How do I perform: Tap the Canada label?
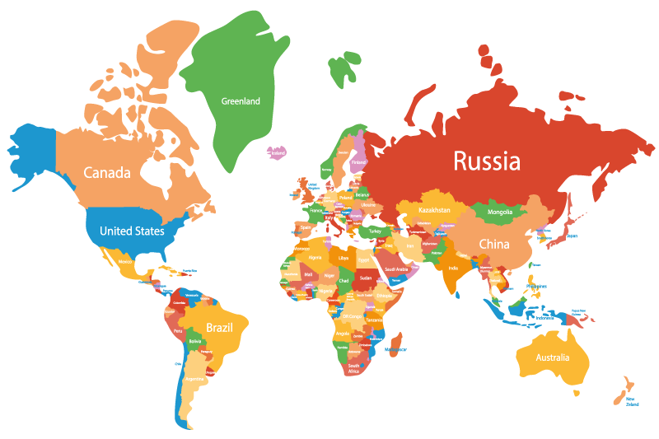pos(107,173)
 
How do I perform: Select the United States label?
pos(132,231)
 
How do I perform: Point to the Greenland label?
pos(241,101)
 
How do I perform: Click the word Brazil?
pos(219,327)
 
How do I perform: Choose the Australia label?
pos(552,357)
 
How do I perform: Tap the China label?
pos(494,244)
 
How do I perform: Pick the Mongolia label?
pos(500,212)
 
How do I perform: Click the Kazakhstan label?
pos(434,210)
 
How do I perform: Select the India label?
pos(453,269)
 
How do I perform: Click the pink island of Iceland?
pos(277,152)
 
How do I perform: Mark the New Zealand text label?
pos(632,403)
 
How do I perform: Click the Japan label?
pos(572,236)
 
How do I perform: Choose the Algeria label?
pos(315,257)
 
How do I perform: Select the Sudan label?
pos(366,278)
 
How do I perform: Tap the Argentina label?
pos(194,380)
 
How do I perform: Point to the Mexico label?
pos(125,262)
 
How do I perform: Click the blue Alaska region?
pos(33,152)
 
